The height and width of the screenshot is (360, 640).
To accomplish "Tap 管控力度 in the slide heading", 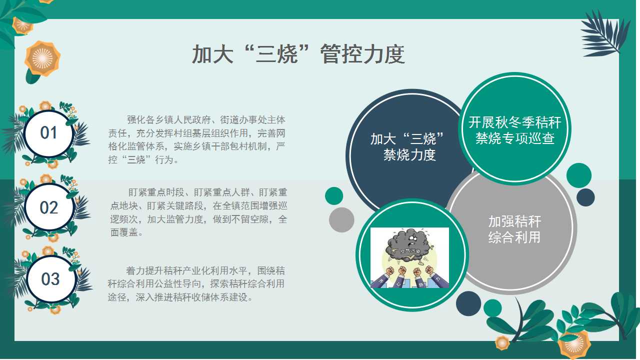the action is (362, 54).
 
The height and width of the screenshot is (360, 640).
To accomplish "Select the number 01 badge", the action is (48, 133).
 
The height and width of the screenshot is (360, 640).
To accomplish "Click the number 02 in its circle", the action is (49, 207).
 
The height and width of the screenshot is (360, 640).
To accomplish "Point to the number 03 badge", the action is (50, 279).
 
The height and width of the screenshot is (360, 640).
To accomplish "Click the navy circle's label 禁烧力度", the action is (409, 155).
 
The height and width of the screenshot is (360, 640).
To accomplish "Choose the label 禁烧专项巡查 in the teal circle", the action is (515, 138).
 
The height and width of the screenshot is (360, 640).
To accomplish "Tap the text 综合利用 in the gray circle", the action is (514, 237).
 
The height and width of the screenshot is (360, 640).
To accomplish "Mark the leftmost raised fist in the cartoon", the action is (389, 271).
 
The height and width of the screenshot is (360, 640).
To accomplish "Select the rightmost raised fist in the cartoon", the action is (429, 269).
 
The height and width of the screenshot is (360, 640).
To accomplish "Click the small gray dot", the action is (341, 219).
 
